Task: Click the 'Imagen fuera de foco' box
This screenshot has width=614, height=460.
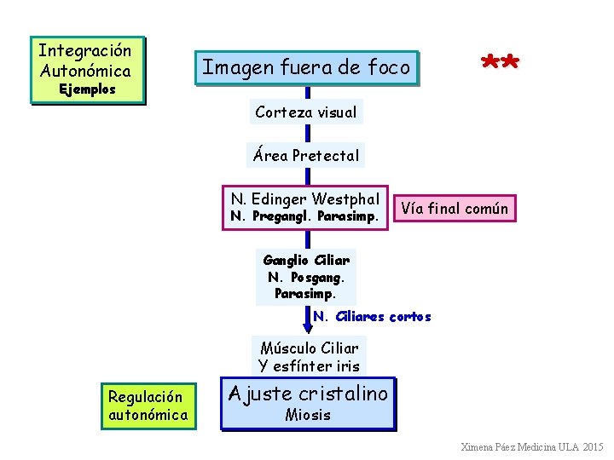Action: point(307,67)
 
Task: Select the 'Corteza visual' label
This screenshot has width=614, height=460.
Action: point(306,112)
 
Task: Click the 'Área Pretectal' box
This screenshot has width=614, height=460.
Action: point(306,156)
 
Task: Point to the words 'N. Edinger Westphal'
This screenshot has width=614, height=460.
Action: point(304,199)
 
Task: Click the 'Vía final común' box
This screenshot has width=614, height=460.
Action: point(455,208)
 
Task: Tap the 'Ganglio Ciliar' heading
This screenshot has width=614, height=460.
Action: point(306,260)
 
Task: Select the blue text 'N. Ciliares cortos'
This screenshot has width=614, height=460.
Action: point(372,317)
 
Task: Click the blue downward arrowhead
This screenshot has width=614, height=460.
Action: point(308,326)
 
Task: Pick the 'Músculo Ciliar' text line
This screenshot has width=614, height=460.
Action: point(309,348)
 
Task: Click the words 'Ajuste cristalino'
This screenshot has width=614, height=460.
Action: point(308,394)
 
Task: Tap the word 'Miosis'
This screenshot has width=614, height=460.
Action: point(308,416)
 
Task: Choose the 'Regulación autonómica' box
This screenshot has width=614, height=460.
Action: point(147,405)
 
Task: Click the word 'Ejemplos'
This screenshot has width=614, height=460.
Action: point(86,89)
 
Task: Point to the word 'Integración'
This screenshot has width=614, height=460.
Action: point(85,50)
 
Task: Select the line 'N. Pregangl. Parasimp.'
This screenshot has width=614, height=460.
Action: point(304,216)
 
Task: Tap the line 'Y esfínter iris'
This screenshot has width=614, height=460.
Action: point(309,366)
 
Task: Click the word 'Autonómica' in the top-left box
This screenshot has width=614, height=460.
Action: point(85,71)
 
